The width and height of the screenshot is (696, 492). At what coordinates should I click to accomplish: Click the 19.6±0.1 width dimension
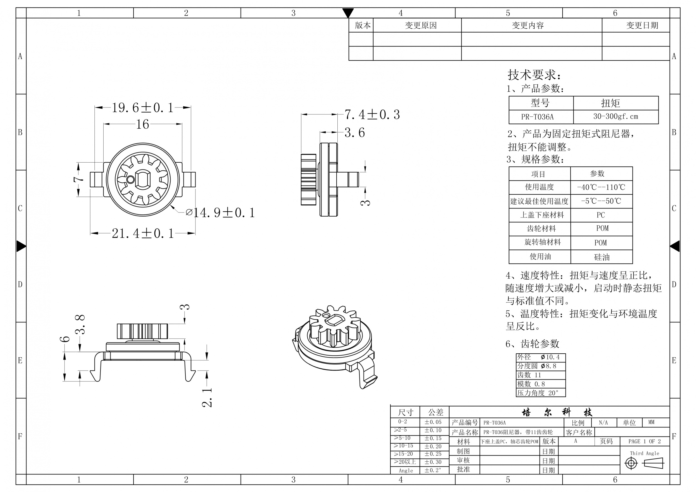(143, 107)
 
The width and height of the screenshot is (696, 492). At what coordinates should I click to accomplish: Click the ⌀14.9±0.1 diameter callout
(220, 213)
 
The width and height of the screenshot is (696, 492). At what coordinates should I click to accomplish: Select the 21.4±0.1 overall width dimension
(143, 233)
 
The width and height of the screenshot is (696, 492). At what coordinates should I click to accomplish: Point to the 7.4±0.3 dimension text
(372, 115)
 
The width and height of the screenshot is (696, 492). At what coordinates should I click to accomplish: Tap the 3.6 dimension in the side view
(355, 133)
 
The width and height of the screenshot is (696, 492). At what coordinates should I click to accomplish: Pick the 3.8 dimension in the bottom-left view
(80, 324)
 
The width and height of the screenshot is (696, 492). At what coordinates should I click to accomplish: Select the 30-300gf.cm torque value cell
(616, 116)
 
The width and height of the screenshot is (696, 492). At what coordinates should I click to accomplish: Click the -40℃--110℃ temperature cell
(601, 187)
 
